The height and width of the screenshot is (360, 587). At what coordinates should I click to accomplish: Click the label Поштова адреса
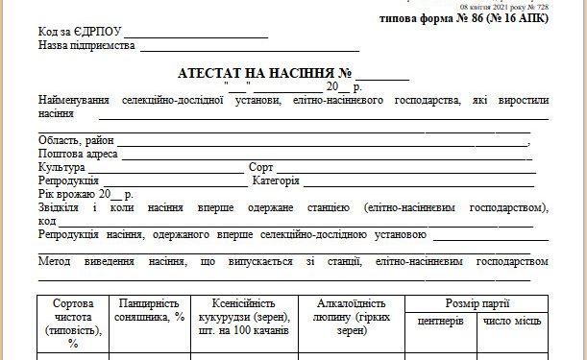pyautogui.click(x=78, y=154)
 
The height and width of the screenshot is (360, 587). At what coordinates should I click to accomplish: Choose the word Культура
pyautogui.click(x=61, y=167)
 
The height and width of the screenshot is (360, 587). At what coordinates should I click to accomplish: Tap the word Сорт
pyautogui.click(x=261, y=167)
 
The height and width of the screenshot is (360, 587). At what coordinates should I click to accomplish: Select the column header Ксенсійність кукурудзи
pyautogui.click(x=243, y=316)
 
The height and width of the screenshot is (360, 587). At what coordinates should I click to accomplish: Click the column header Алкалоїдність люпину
pyautogui.click(x=352, y=316)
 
